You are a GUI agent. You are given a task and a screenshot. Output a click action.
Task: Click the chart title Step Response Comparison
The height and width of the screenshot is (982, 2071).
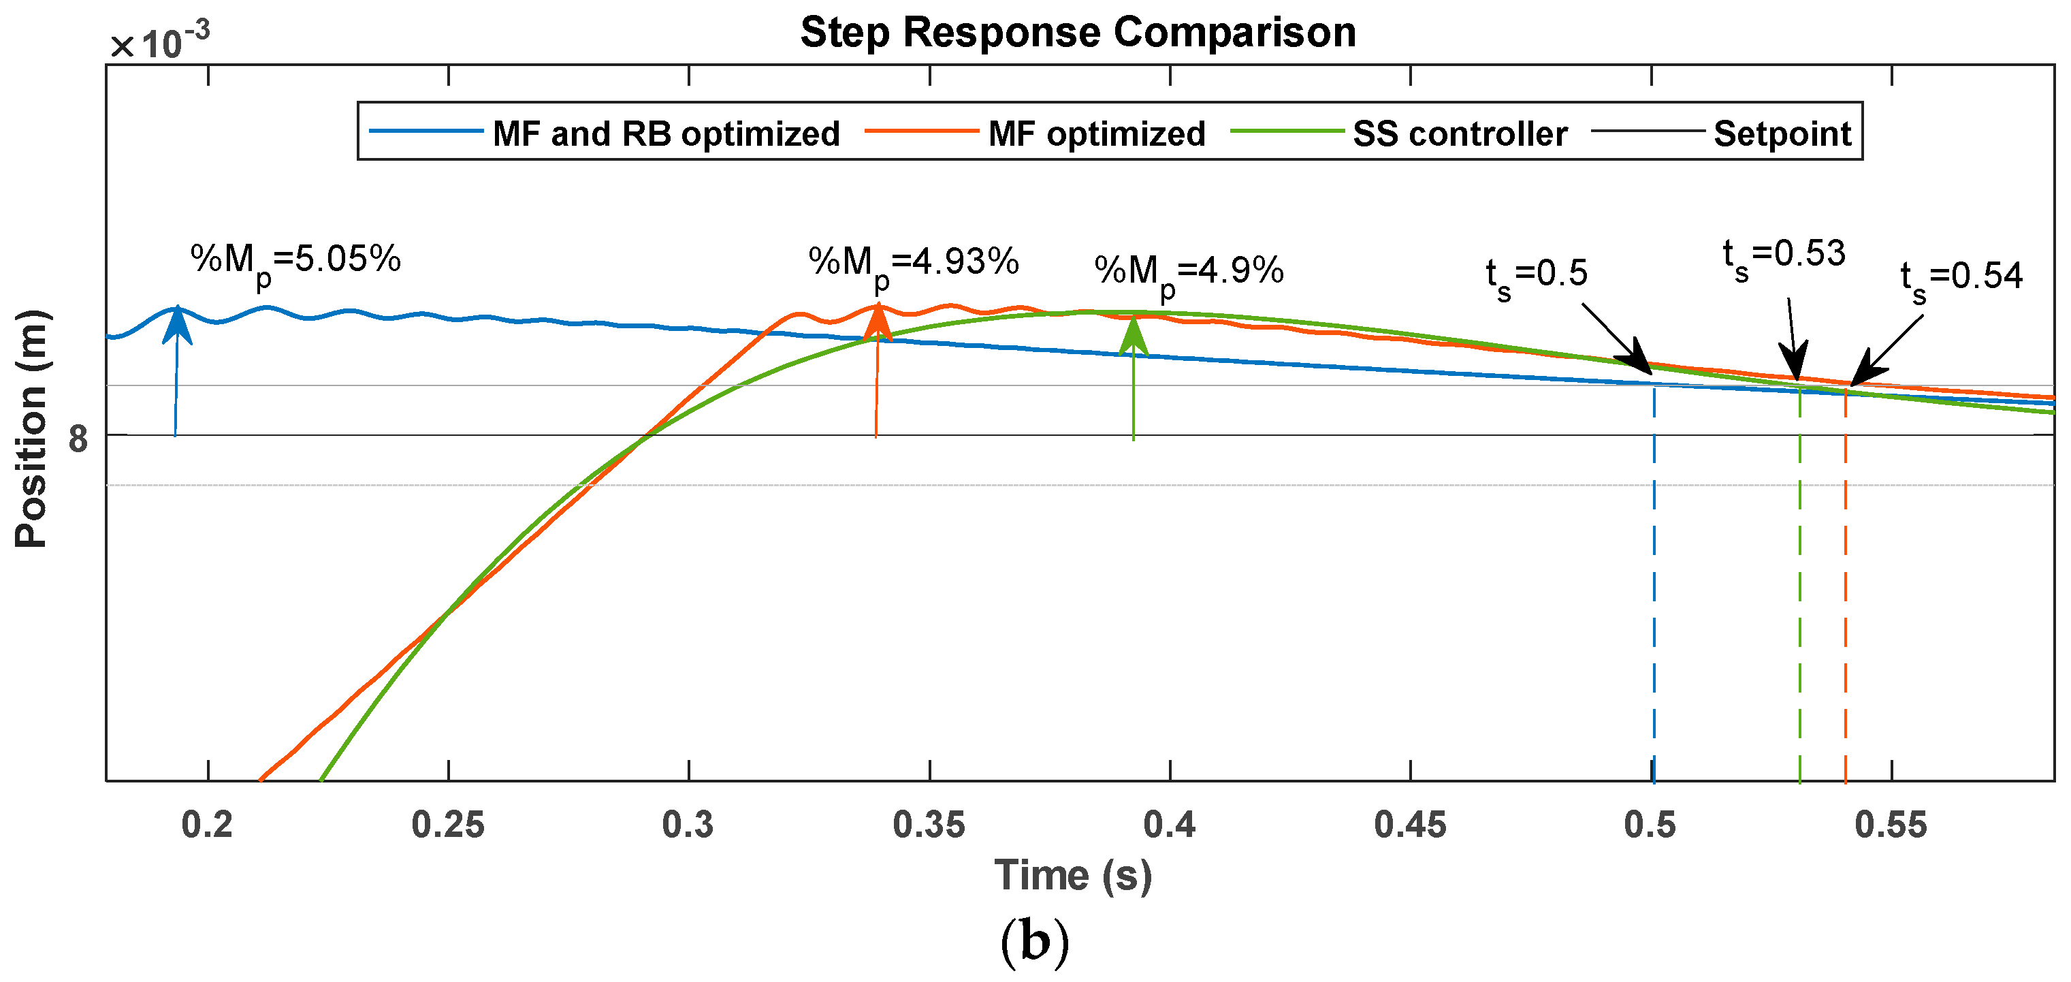tap(1077, 33)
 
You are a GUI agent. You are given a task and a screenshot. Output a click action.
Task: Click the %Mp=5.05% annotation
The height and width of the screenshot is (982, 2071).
tap(295, 261)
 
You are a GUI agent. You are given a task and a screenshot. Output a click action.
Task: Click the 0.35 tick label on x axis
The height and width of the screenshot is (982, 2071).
tap(929, 825)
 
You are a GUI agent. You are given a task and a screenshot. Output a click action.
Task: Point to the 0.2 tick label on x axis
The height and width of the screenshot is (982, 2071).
tap(208, 825)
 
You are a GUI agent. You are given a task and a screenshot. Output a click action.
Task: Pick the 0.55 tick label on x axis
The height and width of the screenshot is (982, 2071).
tap(1890, 825)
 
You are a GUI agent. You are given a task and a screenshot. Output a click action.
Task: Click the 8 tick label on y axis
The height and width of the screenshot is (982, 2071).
tap(78, 439)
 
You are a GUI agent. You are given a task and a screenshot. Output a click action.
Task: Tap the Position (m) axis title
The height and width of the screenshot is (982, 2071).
tap(32, 428)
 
